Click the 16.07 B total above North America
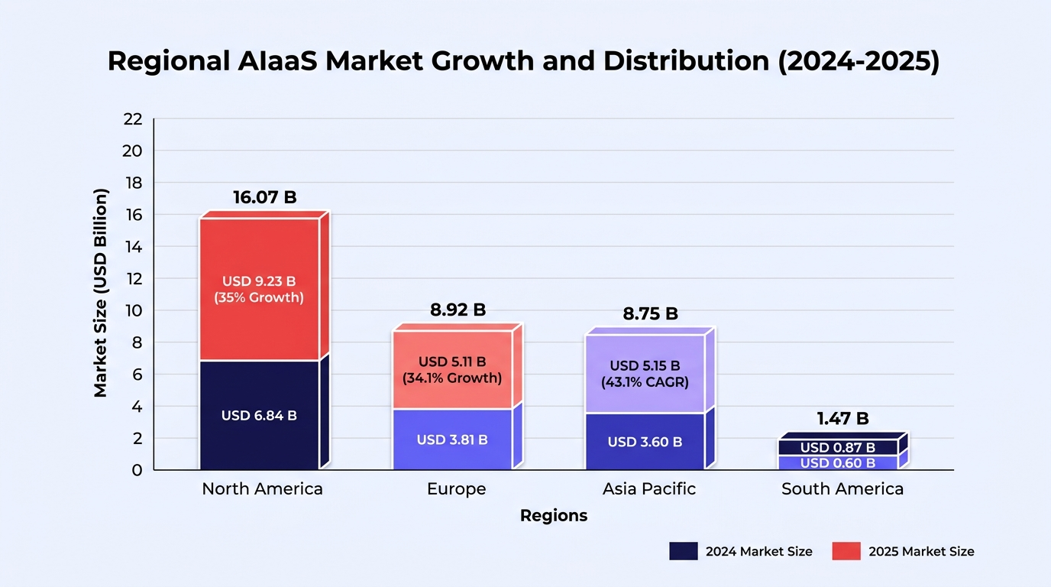click(264, 197)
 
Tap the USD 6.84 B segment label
click(259, 416)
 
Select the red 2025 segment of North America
click(260, 289)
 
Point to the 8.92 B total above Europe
click(458, 310)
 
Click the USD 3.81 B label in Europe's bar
click(452, 439)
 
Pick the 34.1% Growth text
click(452, 378)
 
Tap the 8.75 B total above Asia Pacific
click(650, 313)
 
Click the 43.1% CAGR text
click(645, 382)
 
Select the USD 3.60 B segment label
click(645, 442)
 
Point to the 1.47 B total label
click(842, 418)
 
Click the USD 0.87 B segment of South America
click(838, 448)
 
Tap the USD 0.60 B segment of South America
click(838, 463)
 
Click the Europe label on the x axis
click(457, 489)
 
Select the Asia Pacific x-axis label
click(649, 489)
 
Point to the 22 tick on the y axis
click(133, 119)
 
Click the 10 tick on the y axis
click(133, 311)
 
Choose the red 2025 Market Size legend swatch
click(846, 551)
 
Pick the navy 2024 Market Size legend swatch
click(684, 551)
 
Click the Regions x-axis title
click(554, 516)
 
